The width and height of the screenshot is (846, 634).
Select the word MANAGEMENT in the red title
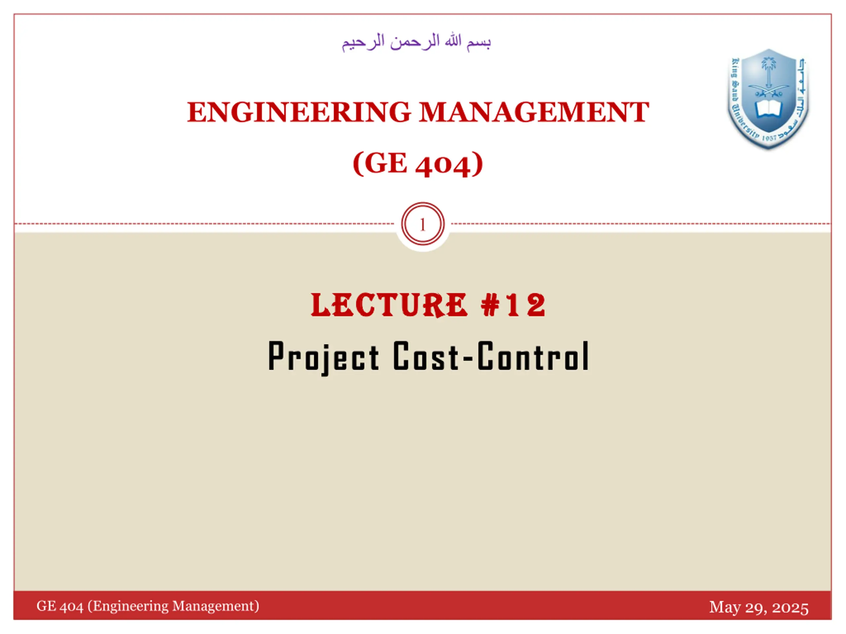click(x=534, y=112)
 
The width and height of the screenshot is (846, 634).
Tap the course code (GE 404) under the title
click(x=418, y=164)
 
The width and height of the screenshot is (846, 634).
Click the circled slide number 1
click(x=423, y=224)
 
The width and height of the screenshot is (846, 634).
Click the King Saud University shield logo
click(x=768, y=99)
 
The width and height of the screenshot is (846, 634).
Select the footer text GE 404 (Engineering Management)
click(x=148, y=607)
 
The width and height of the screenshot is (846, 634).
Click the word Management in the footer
click(x=215, y=607)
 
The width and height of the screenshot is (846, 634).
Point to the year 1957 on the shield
click(x=769, y=138)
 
